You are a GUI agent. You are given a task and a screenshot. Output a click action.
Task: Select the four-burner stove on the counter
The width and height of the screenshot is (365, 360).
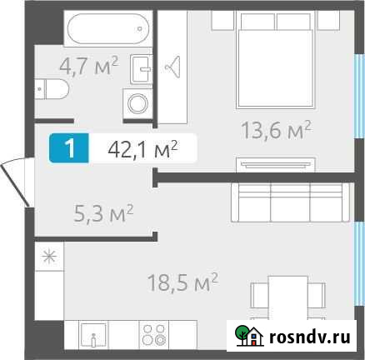153,337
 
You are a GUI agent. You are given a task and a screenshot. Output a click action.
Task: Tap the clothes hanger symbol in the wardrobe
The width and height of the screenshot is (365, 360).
176,66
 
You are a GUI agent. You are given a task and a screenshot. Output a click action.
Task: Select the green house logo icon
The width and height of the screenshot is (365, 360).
246,336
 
